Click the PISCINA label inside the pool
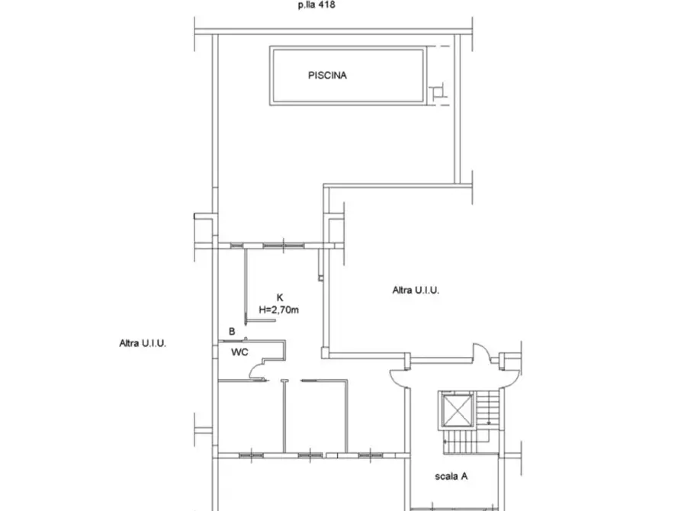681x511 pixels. pos(327,76)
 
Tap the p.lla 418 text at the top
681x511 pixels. pos(316,5)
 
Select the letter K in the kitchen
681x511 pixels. pos(280,297)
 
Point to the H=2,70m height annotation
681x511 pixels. pos(279,310)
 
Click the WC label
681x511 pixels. pos(239,352)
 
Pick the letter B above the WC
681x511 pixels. pos(232,332)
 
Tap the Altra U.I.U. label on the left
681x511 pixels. pos(143,343)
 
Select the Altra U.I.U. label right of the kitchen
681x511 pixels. pos(416,291)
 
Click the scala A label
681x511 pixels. pos(451,476)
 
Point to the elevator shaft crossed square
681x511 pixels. pos(456,410)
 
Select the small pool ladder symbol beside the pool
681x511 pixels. pos(438,92)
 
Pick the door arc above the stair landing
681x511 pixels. pos(481,350)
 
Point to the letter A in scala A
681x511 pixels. pos(464,476)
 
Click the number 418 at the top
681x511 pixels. pos(326,5)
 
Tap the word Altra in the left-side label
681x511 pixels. pos(129,343)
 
